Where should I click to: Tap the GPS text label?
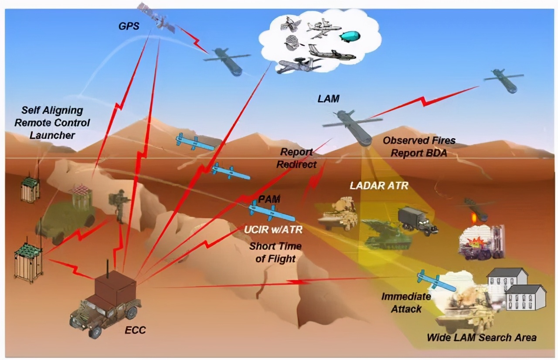129,26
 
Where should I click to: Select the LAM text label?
328,99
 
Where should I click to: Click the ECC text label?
136,330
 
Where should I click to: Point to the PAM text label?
269,199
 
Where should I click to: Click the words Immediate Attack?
406,303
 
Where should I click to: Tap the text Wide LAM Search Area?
481,337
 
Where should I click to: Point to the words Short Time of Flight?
275,252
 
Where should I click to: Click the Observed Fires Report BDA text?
419,147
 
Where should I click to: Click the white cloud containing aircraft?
320,41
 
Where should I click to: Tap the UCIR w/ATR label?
272,229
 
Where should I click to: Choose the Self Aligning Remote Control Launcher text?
52,122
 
